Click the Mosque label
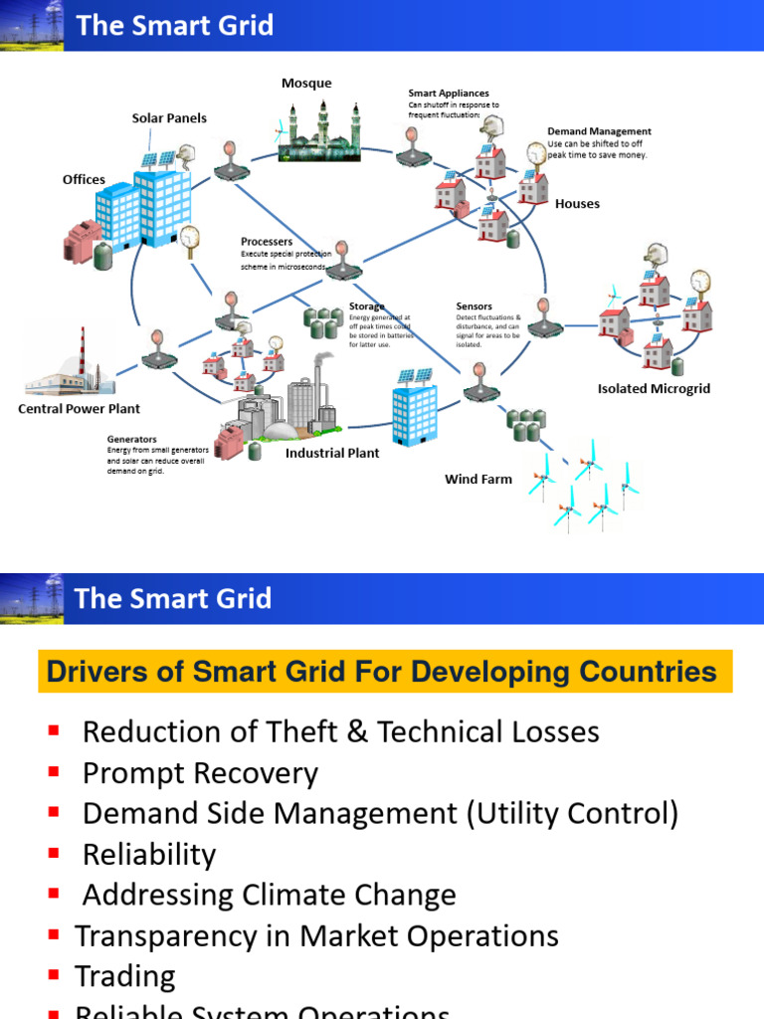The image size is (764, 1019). pos(306,84)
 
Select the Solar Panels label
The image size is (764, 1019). pos(169,118)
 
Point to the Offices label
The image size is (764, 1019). pos(84,180)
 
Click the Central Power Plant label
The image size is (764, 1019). pos(79,409)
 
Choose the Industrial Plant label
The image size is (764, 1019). pos(332,454)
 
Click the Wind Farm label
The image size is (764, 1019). pos(477,480)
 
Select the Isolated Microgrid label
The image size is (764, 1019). pos(654,389)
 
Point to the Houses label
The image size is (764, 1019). pos(577,204)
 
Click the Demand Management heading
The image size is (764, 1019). pos(599,131)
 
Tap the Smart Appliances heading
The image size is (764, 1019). pos(449,94)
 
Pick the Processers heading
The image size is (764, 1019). pos(267,242)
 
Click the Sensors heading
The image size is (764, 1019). pos(474,306)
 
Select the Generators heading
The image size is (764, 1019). pos(132,439)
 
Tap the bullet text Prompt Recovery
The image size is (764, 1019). pos(200,773)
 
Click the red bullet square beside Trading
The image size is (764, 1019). pos(54,975)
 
